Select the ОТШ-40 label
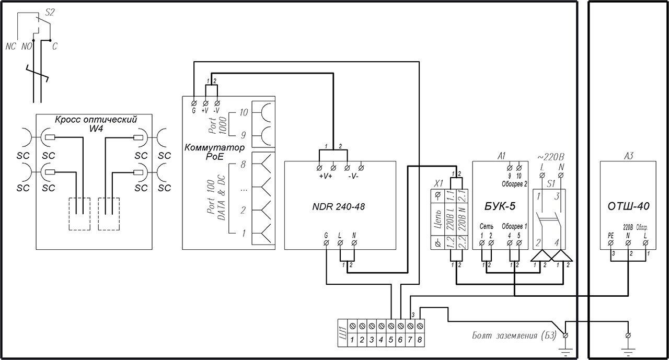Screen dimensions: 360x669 tap(632, 206)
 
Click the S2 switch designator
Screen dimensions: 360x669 tap(50, 13)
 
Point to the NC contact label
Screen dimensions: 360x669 tap(11, 47)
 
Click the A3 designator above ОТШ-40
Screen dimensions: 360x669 tap(629, 156)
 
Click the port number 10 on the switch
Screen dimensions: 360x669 tap(243, 112)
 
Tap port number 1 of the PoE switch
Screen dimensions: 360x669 tap(243, 234)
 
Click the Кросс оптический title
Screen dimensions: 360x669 tap(96, 119)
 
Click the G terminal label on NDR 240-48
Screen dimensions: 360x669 tap(326, 236)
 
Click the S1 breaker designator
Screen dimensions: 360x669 tap(550, 184)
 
